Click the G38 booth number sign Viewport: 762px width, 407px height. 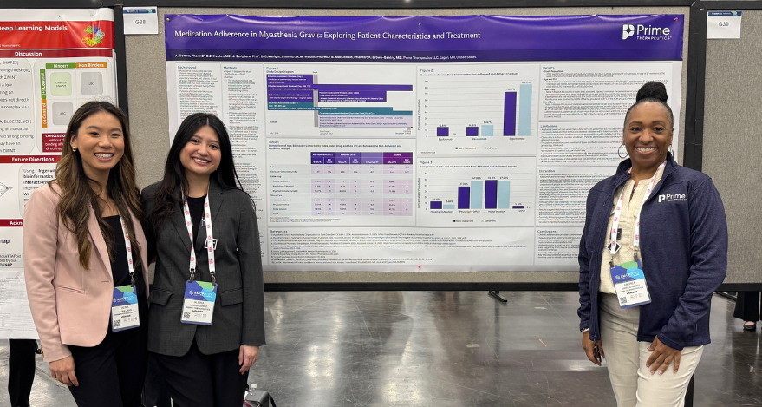pyautogui.click(x=140, y=20)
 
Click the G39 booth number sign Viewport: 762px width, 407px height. pyautogui.click(x=723, y=24)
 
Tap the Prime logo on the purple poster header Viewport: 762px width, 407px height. pyautogui.click(x=646, y=32)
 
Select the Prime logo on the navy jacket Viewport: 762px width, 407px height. pyautogui.click(x=672, y=197)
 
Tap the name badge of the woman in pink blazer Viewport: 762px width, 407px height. pyautogui.click(x=125, y=307)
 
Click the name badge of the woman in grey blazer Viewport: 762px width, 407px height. pyautogui.click(x=199, y=302)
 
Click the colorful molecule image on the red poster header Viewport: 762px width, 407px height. pyautogui.click(x=94, y=36)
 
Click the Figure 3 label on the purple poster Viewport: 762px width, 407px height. pyautogui.click(x=426, y=162)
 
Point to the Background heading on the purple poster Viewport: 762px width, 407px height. pyautogui.click(x=188, y=67)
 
